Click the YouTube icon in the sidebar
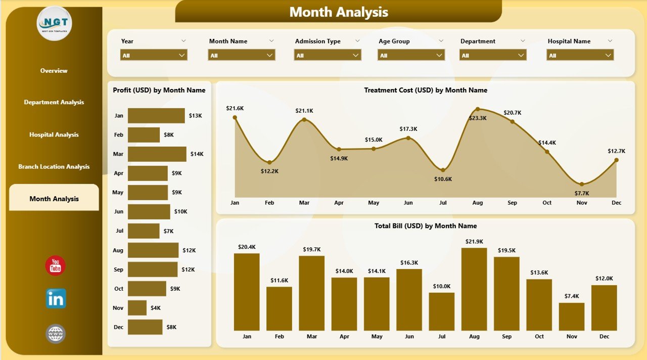tap(55, 266)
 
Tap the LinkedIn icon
tap(55, 299)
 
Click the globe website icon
tap(55, 334)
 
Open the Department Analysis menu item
tap(54, 102)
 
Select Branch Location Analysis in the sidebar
tap(54, 167)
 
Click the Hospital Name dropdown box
tap(580, 55)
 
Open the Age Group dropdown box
tap(411, 55)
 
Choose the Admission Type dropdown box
tap(328, 55)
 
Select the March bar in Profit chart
tap(157, 154)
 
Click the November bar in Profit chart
tap(137, 308)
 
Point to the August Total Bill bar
tap(474, 289)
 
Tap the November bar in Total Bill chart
tap(572, 317)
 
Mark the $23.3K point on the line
tap(478, 109)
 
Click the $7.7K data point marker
tap(582, 185)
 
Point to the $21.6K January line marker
tap(235, 117)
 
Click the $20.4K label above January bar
tap(247, 247)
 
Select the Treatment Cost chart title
tap(426, 90)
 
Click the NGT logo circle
tap(55, 23)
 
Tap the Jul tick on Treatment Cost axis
tap(443, 203)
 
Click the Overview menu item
tap(54, 71)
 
